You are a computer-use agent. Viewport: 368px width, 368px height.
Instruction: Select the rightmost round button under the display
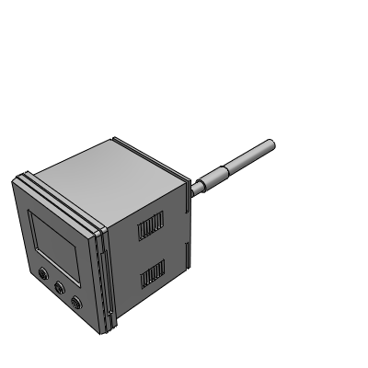(76, 301)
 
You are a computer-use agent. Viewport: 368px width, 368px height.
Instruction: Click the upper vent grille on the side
(152, 225)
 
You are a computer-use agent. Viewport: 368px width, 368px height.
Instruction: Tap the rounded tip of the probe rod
(270, 144)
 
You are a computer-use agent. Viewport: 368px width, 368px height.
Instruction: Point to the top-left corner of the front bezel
(16, 178)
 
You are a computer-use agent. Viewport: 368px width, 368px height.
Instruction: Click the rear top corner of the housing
(114, 140)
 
